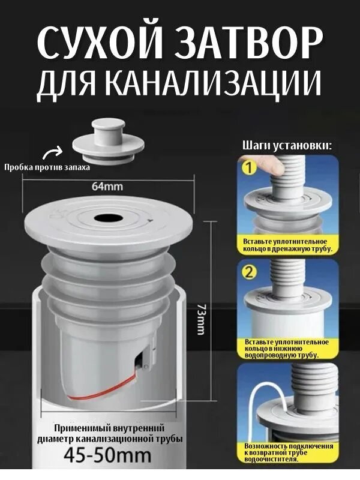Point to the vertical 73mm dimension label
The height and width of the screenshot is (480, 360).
click(201, 319)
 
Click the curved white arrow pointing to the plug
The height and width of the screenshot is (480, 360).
click(55, 152)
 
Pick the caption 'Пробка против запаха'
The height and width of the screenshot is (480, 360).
click(47, 167)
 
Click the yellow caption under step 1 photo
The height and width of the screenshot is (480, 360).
click(287, 244)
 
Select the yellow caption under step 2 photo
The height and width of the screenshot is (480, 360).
click(287, 349)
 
